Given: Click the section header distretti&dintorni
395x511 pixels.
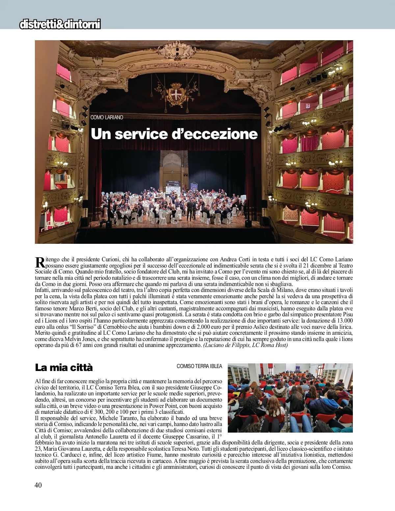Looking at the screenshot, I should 60,24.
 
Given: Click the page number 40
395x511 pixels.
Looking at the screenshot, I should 38,485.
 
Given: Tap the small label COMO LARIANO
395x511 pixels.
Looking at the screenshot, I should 107,118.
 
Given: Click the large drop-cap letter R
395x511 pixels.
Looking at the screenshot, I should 39,263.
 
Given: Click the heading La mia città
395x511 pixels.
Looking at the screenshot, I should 64,367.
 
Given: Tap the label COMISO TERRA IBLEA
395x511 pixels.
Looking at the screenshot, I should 199,366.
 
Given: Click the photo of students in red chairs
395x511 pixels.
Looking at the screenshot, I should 290,398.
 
